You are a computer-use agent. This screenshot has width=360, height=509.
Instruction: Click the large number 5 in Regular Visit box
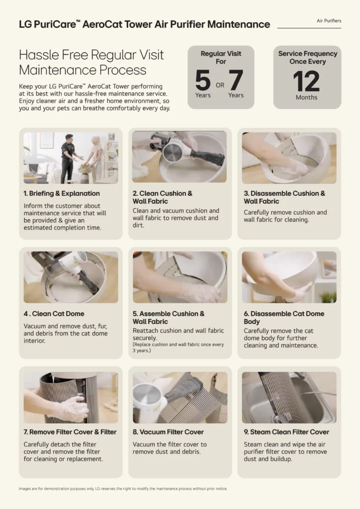pos(203,80)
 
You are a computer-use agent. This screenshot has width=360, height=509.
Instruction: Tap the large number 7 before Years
pos(236,80)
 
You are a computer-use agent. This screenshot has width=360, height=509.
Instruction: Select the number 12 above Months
pos(306,82)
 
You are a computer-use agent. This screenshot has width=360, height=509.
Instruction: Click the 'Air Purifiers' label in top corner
pos(329,21)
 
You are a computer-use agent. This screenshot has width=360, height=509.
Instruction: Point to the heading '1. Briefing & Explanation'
pos(62,193)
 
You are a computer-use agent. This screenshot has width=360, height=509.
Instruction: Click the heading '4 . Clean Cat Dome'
pos(54,314)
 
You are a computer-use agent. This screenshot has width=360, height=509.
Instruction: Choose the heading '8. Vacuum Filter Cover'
pos(168,432)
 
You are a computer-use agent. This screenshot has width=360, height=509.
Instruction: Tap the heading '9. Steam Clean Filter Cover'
pos(286,432)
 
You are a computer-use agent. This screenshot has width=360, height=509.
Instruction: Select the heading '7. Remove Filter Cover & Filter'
pos(70,432)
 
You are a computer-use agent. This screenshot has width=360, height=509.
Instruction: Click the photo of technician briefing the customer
pos(71,158)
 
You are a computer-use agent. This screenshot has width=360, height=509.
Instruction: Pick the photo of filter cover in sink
pos(289,397)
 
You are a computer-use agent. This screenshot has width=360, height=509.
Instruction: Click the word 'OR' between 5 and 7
pos(220,85)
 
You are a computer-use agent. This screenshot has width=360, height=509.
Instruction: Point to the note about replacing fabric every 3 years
pos(178,347)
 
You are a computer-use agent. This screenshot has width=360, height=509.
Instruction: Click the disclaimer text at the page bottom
pos(123,489)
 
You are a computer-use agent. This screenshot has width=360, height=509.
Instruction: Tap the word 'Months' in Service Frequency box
pos(306,97)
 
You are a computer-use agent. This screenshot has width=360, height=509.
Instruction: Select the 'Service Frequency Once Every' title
pos(308,58)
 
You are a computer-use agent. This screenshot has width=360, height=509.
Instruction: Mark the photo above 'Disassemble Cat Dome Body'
pos(289,277)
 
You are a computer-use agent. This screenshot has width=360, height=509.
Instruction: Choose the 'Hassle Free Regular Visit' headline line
pos(91,55)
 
